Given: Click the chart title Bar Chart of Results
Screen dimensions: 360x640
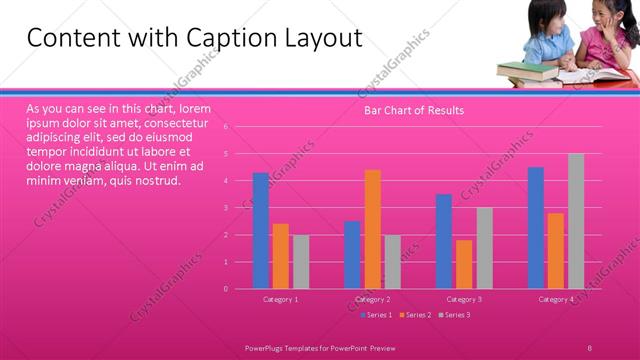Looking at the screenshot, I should click(413, 110).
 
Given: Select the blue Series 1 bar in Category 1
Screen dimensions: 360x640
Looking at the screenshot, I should click(261, 231).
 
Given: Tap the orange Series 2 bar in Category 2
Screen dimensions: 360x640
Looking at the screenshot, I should click(372, 229).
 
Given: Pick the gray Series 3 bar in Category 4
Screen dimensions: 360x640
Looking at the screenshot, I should click(576, 221).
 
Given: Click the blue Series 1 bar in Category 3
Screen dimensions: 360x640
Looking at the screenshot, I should click(444, 241).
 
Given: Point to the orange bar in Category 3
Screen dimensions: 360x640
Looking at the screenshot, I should click(464, 264).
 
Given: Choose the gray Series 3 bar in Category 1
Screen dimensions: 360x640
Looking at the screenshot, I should click(301, 261).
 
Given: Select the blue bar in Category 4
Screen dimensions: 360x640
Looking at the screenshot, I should click(536, 228).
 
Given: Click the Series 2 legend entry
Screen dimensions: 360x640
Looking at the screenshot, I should click(418, 315).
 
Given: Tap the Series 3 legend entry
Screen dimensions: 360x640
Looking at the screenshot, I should click(456, 315).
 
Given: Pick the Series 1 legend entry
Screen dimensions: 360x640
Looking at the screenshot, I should click(376, 315).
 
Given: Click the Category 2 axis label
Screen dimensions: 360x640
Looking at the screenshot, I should click(372, 299).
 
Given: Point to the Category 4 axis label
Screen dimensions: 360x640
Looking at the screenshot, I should click(556, 299).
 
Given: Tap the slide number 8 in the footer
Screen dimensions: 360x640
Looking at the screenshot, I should click(590, 347).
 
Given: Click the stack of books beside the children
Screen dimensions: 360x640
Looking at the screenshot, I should click(526, 71).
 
